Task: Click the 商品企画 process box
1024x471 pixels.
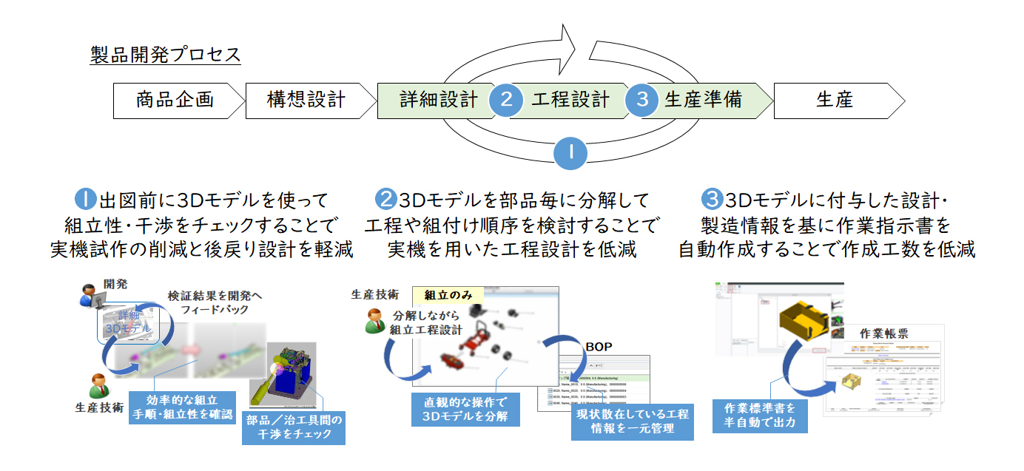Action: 175,101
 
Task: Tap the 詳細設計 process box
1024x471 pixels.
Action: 433,101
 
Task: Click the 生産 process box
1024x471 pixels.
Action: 835,101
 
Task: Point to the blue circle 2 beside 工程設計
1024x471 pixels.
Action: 506,101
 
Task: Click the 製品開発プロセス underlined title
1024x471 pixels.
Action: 165,55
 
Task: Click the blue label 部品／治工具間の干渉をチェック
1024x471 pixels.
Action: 294,428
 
